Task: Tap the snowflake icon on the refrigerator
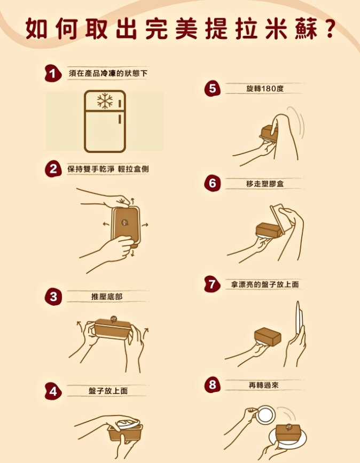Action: pyautogui.click(x=104, y=101)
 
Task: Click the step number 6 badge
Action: pyautogui.click(x=212, y=183)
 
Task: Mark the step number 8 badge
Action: pyautogui.click(x=212, y=384)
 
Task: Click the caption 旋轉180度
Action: pyautogui.click(x=265, y=88)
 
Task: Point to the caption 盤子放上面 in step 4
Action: pyautogui.click(x=108, y=391)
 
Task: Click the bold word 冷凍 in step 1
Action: pyautogui.click(x=108, y=73)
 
